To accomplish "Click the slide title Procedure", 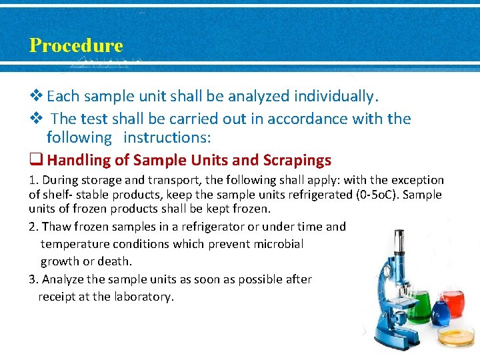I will [76, 45].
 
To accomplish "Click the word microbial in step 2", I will [279, 244].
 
